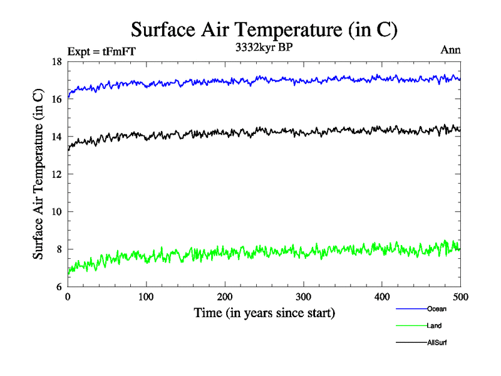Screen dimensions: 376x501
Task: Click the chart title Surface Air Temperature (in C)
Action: pos(264,29)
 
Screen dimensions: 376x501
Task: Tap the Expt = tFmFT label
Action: pos(100,51)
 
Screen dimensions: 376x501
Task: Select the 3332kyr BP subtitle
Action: pos(263,48)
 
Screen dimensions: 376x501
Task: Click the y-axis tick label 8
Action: pos(59,249)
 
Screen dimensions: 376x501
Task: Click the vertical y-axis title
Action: pos(38,174)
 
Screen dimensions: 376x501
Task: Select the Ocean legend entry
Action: pos(436,309)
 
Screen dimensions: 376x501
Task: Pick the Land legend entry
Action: pos(435,326)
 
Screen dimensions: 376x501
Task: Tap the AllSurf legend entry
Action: pos(437,343)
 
